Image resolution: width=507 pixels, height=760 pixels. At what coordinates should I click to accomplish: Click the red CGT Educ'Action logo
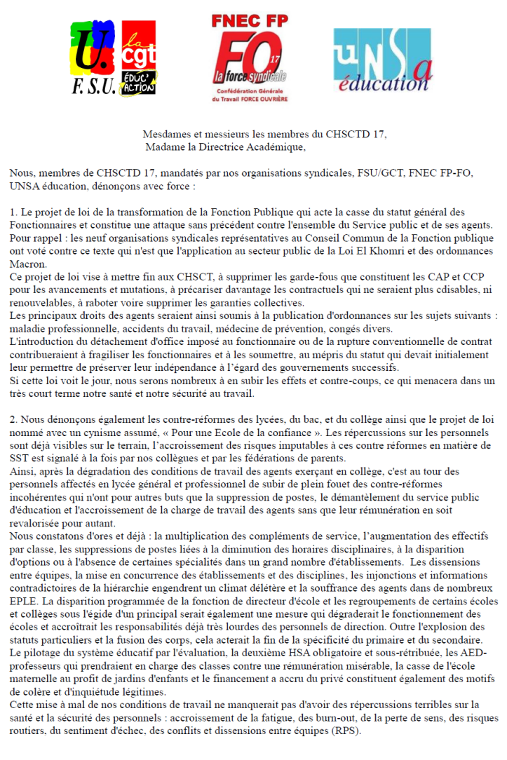139,57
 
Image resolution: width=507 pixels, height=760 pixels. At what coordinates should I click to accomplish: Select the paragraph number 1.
13,211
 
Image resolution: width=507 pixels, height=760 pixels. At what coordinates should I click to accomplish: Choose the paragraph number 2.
14,419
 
